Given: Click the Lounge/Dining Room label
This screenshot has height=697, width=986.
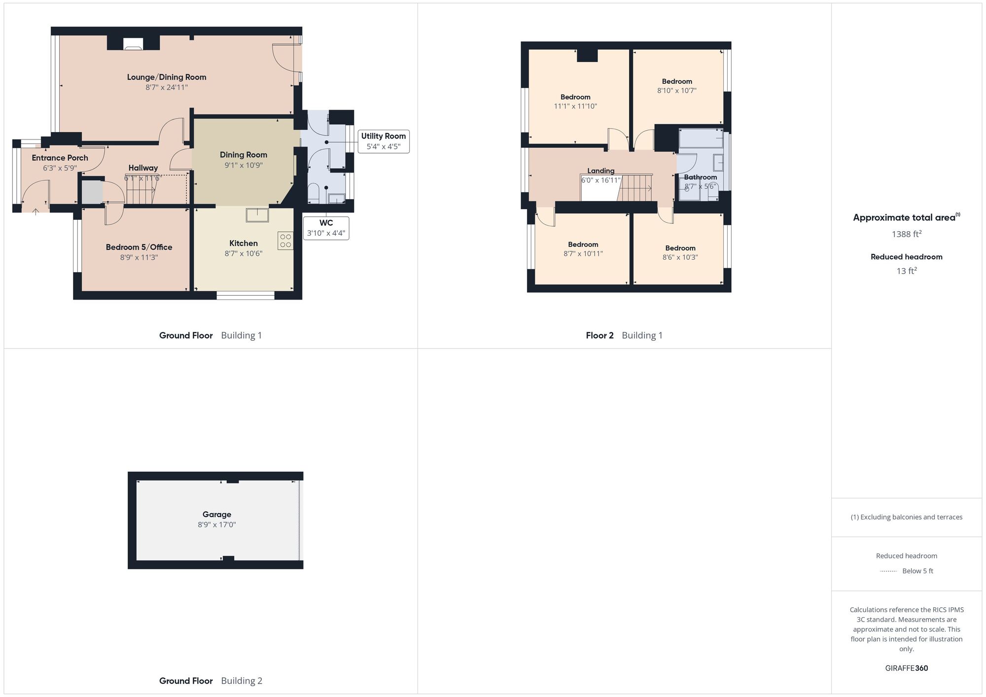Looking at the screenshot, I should pyautogui.click(x=167, y=77).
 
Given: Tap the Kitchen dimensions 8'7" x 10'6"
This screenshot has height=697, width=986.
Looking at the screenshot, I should pyautogui.click(x=244, y=253).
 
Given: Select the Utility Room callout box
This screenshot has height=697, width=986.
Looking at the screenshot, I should pyautogui.click(x=383, y=141).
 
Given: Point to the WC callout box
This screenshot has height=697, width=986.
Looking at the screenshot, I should pyautogui.click(x=326, y=228).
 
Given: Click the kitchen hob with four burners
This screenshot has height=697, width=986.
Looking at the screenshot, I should pyautogui.click(x=285, y=241).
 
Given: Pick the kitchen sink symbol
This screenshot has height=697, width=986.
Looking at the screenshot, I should pyautogui.click(x=257, y=215).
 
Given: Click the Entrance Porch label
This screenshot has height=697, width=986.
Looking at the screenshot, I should pyautogui.click(x=60, y=158).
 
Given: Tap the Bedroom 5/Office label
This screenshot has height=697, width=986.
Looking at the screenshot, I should pyautogui.click(x=139, y=247).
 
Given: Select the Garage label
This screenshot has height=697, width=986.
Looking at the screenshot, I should pyautogui.click(x=217, y=514).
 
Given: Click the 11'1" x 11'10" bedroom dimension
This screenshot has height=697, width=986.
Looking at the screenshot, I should pyautogui.click(x=575, y=106).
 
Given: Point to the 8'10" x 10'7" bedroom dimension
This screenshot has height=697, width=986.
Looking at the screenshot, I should pyautogui.click(x=677, y=90).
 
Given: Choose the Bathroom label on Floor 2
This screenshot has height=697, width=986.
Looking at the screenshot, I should pyautogui.click(x=701, y=177).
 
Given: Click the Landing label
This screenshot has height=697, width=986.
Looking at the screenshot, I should pyautogui.click(x=601, y=171).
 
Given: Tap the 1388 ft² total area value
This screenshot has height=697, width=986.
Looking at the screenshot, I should pyautogui.click(x=907, y=234).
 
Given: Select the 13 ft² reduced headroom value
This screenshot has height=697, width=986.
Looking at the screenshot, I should pyautogui.click(x=907, y=271).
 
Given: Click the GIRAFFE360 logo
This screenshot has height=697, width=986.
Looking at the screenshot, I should pyautogui.click(x=907, y=668).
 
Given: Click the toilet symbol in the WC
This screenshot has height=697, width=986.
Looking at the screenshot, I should pyautogui.click(x=314, y=192).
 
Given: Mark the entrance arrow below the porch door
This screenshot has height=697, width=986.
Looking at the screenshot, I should pyautogui.click(x=35, y=211).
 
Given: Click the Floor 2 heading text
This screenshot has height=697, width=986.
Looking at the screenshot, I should pyautogui.click(x=599, y=335).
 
